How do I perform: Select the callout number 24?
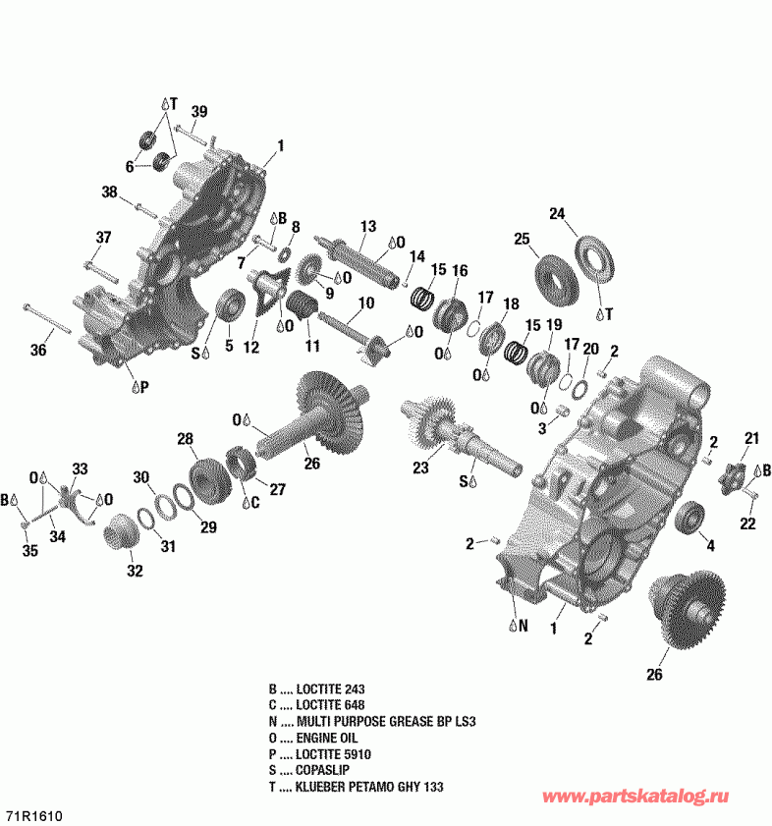pos(557,214)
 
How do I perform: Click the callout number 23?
pos(420,469)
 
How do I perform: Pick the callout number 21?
pos(751,438)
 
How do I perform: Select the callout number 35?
pos(29,551)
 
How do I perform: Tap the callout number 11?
pos(312,347)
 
